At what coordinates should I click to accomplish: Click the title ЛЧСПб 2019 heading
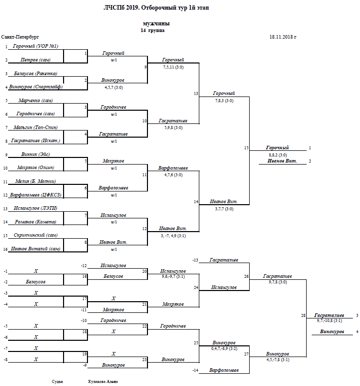(156, 8)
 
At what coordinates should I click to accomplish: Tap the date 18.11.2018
(283, 37)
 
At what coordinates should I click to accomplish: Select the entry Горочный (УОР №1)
(36, 46)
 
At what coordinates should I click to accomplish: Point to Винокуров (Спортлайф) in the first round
(36, 87)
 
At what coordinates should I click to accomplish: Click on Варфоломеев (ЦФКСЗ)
(36, 195)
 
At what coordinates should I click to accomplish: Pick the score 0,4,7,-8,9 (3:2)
(224, 349)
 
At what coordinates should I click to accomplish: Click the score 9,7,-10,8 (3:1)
(329, 320)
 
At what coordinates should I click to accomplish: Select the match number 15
(246, 148)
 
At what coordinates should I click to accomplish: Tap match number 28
(303, 316)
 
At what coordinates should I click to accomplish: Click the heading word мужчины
(157, 23)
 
